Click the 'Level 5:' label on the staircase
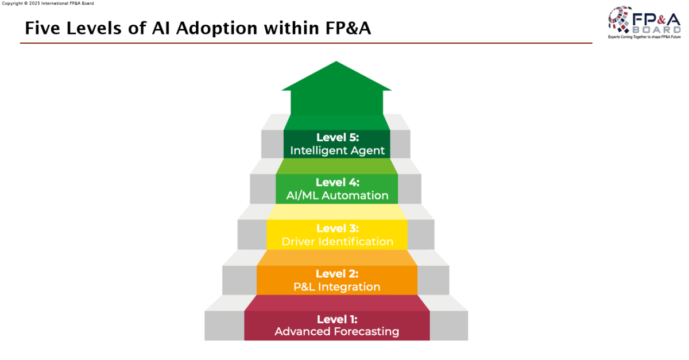tap(338, 137)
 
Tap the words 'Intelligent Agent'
tap(337, 150)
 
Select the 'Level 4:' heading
tap(338, 183)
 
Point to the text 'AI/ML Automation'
tap(337, 195)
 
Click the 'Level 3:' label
tap(338, 229)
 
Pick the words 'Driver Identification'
tap(337, 242)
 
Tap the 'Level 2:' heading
tap(337, 273)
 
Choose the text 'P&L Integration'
tap(337, 287)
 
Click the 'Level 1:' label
tap(337, 319)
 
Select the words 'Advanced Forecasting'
tap(337, 332)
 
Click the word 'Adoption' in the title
tap(216, 29)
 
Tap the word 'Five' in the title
tap(43, 28)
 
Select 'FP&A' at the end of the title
tap(348, 28)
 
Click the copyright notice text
tap(48, 3)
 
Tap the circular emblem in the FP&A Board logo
tap(620, 20)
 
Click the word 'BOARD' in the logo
tap(656, 30)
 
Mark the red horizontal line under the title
tap(306, 43)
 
